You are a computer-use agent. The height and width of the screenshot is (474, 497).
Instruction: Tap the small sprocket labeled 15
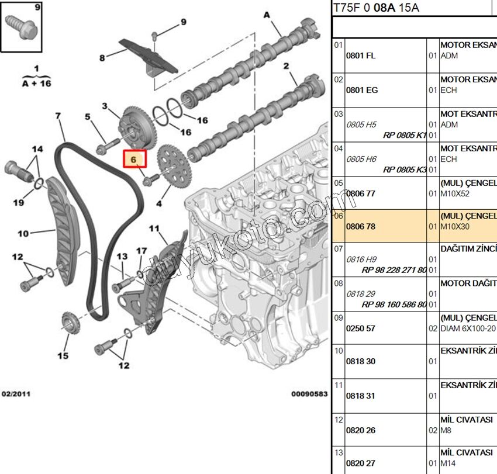(x=70, y=324)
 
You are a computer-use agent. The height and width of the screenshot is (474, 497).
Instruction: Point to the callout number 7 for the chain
(x=58, y=116)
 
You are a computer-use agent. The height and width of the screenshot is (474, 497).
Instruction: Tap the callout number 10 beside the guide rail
(x=23, y=234)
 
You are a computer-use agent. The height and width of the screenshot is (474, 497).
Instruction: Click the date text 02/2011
(x=16, y=394)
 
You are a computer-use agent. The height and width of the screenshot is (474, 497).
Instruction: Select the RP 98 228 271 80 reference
(x=394, y=270)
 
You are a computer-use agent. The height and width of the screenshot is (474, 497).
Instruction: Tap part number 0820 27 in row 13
(x=361, y=463)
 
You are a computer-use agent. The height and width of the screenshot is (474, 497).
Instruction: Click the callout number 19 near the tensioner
(x=19, y=202)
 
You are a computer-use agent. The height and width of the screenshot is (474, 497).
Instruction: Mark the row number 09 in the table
(x=339, y=319)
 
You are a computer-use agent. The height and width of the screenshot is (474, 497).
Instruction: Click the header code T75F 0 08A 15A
(x=376, y=8)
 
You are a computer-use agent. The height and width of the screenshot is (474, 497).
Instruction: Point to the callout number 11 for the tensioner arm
(x=154, y=228)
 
